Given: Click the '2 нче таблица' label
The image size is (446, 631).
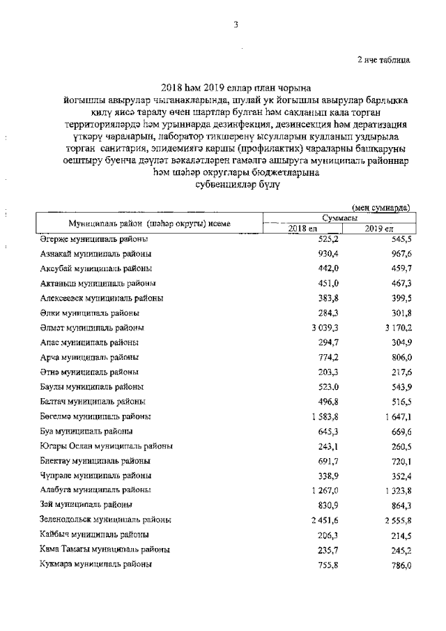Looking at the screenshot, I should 384,59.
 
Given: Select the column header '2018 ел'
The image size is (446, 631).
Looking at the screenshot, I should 302,229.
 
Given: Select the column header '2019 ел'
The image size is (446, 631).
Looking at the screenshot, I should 379,229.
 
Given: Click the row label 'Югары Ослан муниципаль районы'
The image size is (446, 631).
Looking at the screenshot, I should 106,446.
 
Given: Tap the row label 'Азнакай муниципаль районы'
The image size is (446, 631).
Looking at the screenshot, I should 95,254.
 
